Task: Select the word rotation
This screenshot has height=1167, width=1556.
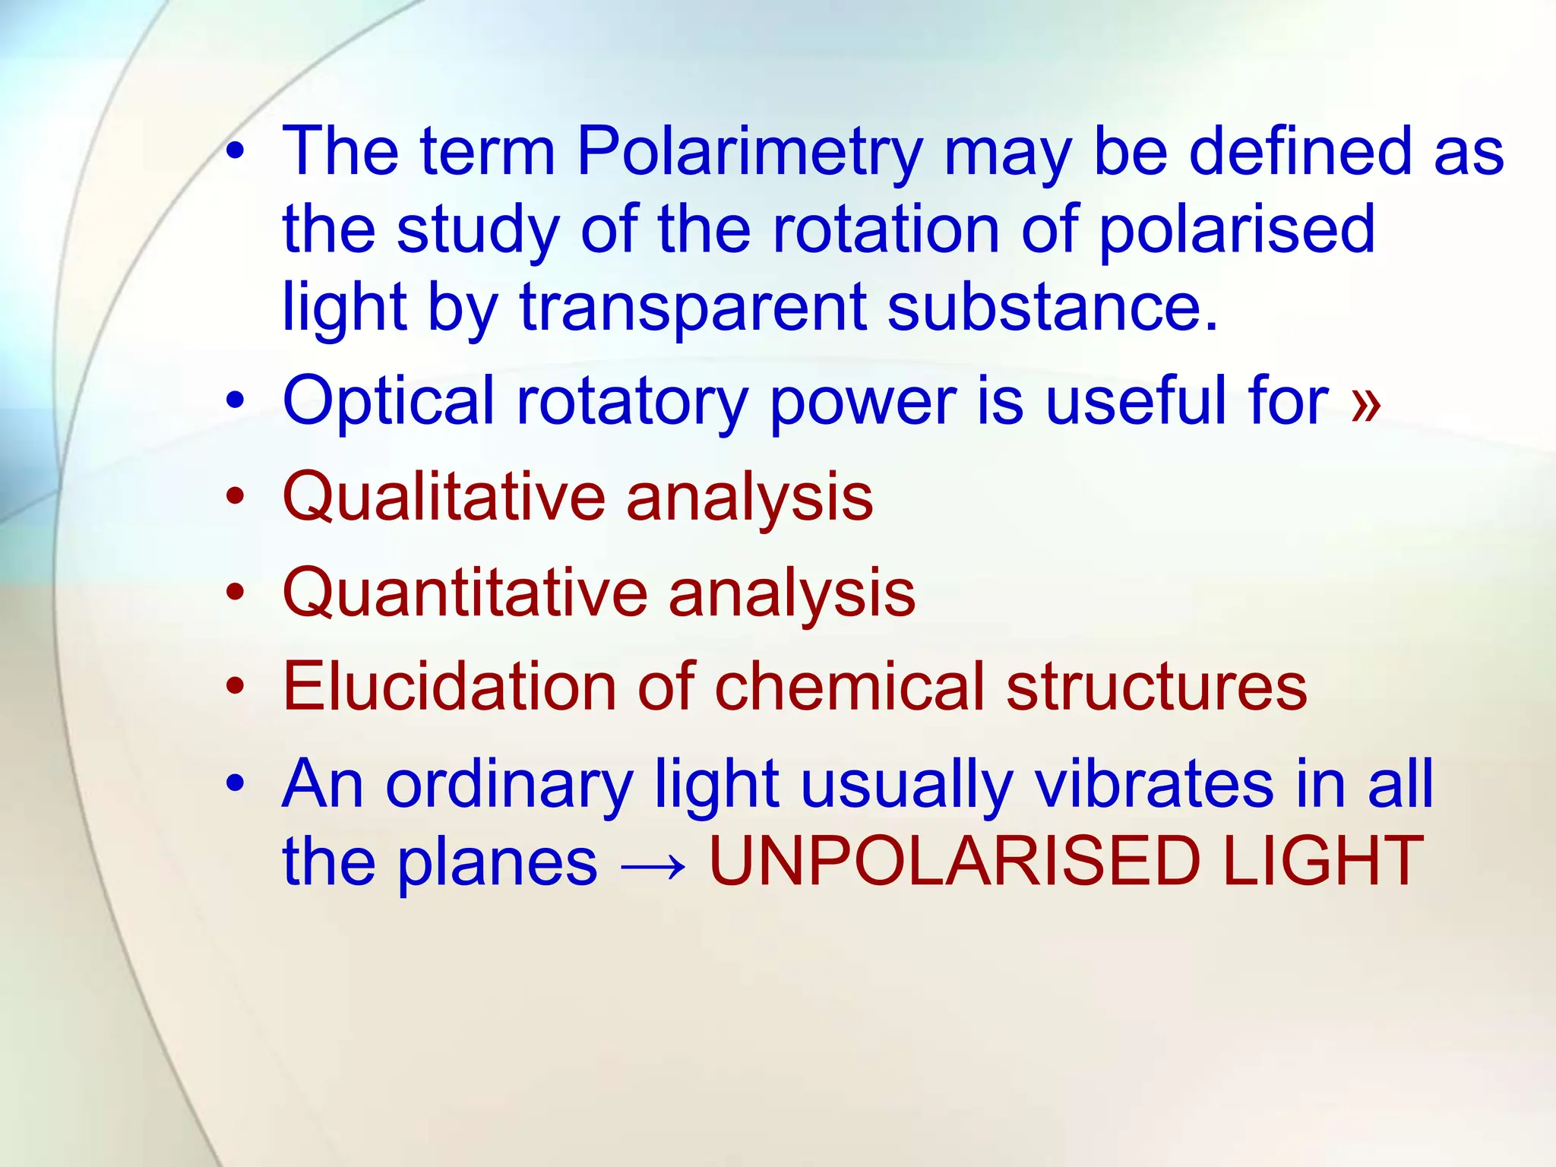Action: click(886, 229)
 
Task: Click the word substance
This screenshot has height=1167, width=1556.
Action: click(1052, 307)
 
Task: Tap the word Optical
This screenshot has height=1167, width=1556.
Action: click(388, 402)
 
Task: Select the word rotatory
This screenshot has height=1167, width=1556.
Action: click(633, 402)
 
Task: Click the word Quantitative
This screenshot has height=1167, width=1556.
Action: click(464, 594)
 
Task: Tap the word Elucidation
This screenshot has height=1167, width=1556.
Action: click(449, 686)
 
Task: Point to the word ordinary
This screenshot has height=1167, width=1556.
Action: click(509, 786)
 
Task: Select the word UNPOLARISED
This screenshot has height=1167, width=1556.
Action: click(954, 862)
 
